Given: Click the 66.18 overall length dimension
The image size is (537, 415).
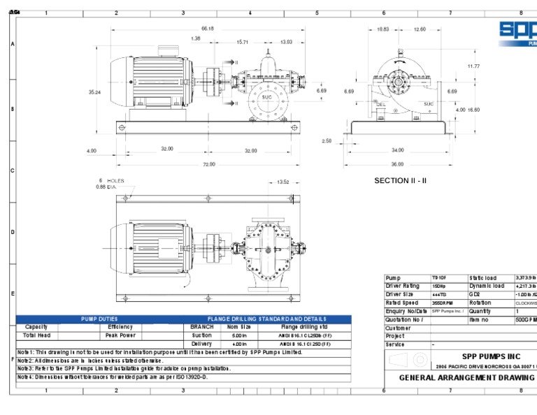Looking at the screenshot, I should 207,28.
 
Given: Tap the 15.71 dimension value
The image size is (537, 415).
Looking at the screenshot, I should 243,42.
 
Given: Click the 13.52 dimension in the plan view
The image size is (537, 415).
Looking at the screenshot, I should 283,182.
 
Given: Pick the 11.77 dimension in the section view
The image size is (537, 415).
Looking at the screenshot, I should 473,66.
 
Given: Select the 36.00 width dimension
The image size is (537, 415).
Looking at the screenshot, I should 397,164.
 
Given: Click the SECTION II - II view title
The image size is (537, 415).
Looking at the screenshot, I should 400,180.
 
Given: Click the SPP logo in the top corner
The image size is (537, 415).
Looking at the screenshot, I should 517,31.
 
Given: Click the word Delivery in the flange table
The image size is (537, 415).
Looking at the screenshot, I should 201,344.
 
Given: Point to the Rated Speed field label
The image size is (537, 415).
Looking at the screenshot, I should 402,303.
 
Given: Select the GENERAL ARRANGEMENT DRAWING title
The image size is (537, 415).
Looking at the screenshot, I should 466,377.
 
